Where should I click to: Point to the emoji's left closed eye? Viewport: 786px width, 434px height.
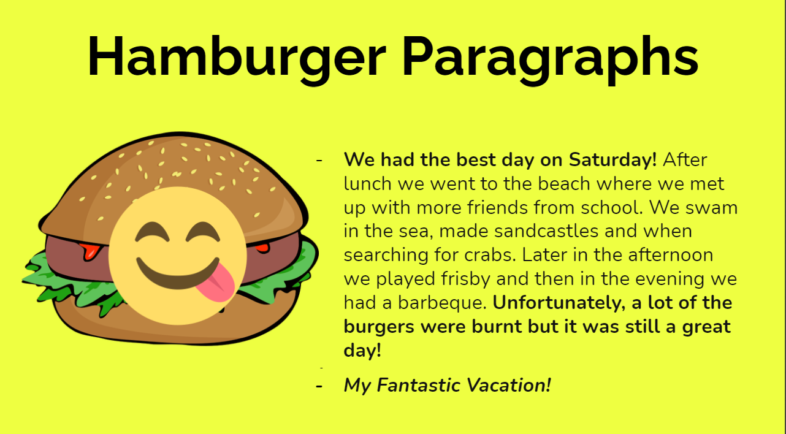point(152,232)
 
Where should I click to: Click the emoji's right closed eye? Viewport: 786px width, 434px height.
point(203,232)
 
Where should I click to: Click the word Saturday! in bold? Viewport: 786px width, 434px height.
point(612,160)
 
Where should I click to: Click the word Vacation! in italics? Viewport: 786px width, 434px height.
point(509,385)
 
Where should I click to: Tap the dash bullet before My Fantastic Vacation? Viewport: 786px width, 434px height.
point(319,386)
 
